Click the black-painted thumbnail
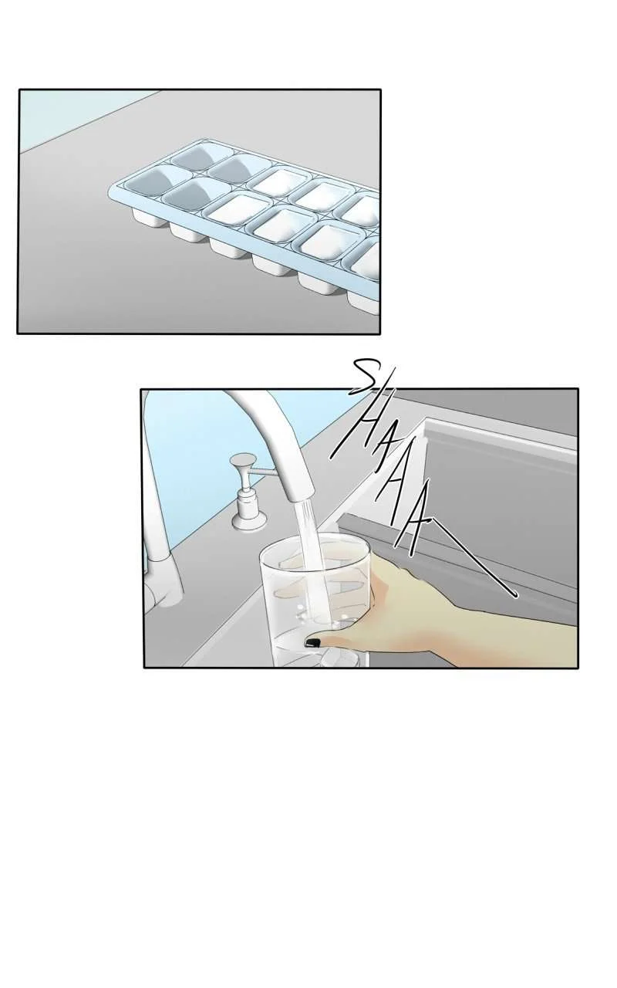click(313, 643)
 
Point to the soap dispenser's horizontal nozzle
click(264, 472)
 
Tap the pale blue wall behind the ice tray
click(66, 115)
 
